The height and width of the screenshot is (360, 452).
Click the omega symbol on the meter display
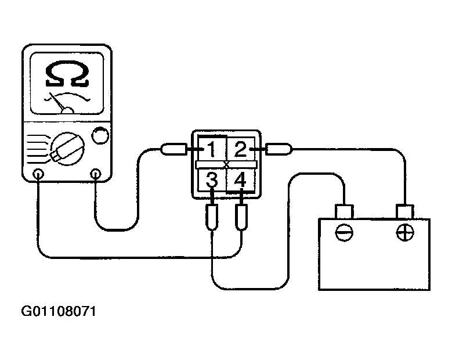67,74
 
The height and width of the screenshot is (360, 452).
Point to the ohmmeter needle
58,102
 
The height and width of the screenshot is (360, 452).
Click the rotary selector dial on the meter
68,149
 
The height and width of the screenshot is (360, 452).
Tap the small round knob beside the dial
100,135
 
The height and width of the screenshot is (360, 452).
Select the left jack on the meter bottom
38,174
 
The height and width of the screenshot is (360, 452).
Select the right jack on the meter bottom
95,174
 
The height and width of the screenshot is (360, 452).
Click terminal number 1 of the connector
211,149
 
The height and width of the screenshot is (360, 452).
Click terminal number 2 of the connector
240,149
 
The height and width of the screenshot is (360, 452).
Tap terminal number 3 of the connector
212,179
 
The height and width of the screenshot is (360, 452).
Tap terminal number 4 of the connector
240,179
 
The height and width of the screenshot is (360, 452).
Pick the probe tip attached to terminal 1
173,149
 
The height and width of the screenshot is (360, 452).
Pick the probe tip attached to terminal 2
279,149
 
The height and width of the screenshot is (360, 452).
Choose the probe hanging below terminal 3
212,217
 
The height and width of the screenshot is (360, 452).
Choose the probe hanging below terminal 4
241,217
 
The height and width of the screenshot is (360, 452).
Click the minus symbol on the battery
344,232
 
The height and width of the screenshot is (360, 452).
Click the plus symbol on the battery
405,232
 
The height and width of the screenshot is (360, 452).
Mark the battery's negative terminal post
344,212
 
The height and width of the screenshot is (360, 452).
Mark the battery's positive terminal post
405,212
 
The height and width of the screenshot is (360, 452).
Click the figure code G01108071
59,312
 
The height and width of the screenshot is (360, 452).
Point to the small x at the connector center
226,165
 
